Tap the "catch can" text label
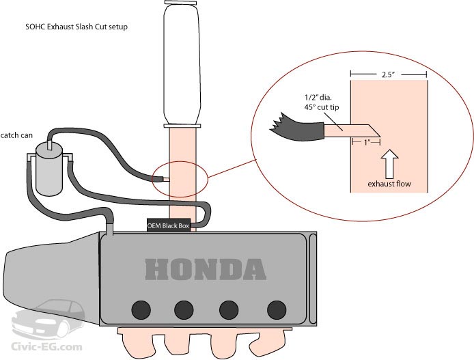pyautogui.click(x=17, y=135)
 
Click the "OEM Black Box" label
pyautogui.click(x=167, y=225)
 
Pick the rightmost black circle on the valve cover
pyautogui.click(x=276, y=309)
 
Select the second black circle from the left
pyautogui.click(x=185, y=309)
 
